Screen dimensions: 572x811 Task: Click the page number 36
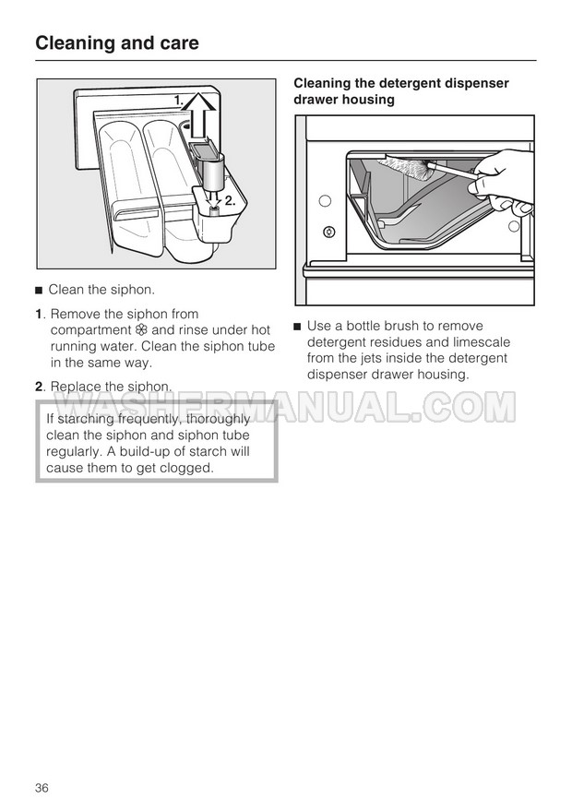42,787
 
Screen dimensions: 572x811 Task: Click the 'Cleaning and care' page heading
117,43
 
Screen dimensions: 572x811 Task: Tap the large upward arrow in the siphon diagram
198,114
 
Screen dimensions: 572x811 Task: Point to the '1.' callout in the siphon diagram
179,101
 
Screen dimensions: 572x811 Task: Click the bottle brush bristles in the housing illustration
407,168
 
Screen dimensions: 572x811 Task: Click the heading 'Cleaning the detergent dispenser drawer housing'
401,91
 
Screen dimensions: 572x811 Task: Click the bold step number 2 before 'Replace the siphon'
39,387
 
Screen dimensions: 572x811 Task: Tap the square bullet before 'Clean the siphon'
38,290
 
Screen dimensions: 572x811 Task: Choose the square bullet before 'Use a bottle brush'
297,327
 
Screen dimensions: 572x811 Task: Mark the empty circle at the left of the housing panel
325,201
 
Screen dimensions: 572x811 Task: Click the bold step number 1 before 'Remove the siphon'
38,314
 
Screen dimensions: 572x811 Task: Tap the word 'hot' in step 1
261,330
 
